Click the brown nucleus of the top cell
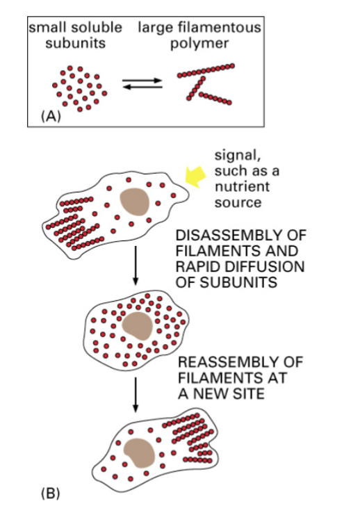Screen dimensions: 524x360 click(x=135, y=202)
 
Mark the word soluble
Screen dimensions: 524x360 click(x=97, y=28)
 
